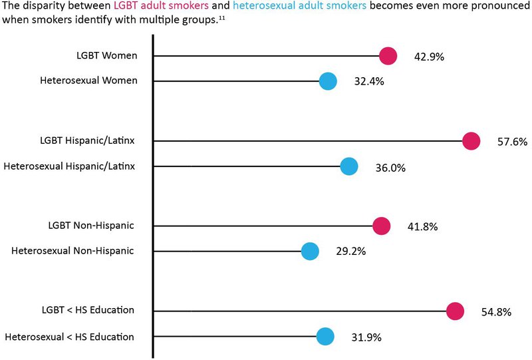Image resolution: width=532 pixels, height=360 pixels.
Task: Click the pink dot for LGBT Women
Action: pos(388,57)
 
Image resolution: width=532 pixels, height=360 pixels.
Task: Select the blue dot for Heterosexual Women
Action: pos(328,82)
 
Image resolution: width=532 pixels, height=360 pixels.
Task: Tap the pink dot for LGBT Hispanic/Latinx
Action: pos(471,141)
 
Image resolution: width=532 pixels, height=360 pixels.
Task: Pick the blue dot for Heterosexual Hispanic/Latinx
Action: pos(349,166)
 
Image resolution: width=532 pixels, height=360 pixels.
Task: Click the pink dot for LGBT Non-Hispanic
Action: pos(380,226)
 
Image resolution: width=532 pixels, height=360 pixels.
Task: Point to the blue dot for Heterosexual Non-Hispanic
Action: pos(310,252)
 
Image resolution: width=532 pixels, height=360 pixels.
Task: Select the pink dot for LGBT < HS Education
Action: pos(455,311)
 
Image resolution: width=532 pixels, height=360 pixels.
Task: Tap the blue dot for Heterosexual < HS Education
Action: pos(325,337)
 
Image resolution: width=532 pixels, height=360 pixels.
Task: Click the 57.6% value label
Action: pos(512,142)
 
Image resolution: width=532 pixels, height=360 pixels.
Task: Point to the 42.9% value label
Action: pos(429,57)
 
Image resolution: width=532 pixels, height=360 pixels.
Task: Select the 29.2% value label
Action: pos(350,252)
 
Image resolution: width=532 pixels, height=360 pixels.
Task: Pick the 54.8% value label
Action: pos(496,311)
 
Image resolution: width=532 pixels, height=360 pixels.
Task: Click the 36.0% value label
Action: pos(390,167)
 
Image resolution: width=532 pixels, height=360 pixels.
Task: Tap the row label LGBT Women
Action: pos(106,55)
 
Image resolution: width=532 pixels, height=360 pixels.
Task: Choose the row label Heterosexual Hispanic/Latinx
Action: pos(69,165)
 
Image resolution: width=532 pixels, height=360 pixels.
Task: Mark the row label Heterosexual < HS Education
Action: pos(69,337)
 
